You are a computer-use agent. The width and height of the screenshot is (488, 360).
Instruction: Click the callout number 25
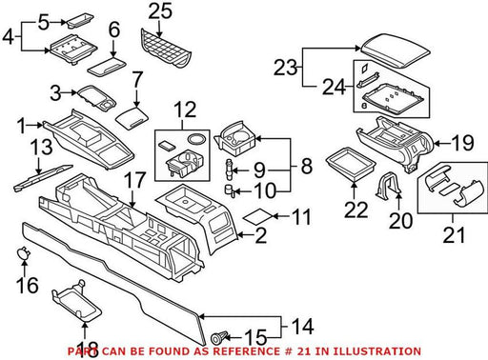pyautogui.click(x=160, y=11)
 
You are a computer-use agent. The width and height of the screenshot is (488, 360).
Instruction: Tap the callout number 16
pyautogui.click(x=28, y=285)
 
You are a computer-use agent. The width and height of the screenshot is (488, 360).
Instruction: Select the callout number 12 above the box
pyautogui.click(x=185, y=110)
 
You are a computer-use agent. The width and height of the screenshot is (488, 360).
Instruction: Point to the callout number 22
pyautogui.click(x=356, y=210)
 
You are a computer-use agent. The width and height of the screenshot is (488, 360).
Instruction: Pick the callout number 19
pyautogui.click(x=463, y=143)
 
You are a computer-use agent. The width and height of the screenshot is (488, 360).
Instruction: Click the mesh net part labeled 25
pyautogui.click(x=166, y=48)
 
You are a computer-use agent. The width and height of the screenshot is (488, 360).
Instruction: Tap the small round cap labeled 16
pyautogui.click(x=23, y=252)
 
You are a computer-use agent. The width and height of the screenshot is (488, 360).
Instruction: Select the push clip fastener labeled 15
pyautogui.click(x=219, y=337)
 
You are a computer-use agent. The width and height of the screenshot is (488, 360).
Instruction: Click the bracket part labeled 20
pyautogui.click(x=388, y=186)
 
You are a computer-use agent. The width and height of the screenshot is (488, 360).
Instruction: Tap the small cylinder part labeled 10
pyautogui.click(x=230, y=190)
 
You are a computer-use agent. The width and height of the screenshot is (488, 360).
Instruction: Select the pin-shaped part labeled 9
pyautogui.click(x=230, y=170)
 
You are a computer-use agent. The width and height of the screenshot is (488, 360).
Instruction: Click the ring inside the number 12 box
pyautogui.click(x=196, y=139)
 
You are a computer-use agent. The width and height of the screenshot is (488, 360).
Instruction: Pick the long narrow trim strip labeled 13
pyautogui.click(x=43, y=178)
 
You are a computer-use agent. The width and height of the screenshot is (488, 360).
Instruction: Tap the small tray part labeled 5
pyautogui.click(x=80, y=22)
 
